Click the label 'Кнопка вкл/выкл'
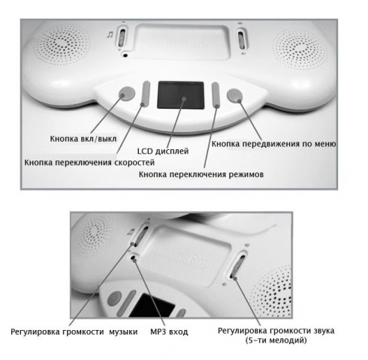coord(83,139)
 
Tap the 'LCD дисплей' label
coord(163,151)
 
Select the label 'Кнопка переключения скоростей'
coord(89,163)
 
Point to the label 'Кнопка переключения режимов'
coord(201,174)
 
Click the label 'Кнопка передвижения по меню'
coord(273,144)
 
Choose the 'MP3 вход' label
coord(169,331)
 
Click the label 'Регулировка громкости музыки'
coord(74,331)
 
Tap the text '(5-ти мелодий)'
coord(276,340)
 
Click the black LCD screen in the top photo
coord(180,95)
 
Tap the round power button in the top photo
coord(127,94)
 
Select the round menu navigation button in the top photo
coord(234,95)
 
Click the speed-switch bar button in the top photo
coord(146,94)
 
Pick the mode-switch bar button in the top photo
coord(216,95)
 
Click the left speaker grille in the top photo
coord(62,44)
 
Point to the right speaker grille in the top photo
coord(300,49)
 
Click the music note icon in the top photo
coord(110,34)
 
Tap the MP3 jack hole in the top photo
coord(125,55)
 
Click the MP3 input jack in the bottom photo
coord(134,256)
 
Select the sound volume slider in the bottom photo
coord(237,265)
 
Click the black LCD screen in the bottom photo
coord(152,306)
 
